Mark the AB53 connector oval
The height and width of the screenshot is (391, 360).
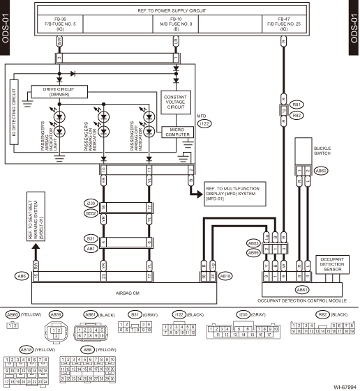click(253, 243)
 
